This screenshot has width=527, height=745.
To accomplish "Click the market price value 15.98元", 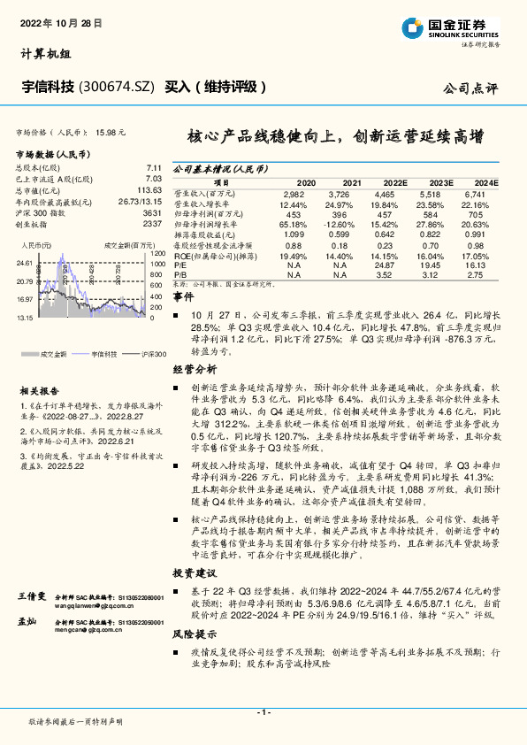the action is click(x=111, y=132).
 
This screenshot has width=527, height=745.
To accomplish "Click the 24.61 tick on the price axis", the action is click(x=24, y=264).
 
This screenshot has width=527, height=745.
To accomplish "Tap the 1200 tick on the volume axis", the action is click(x=157, y=255).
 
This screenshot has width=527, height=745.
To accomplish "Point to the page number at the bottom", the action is click(x=263, y=712).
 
